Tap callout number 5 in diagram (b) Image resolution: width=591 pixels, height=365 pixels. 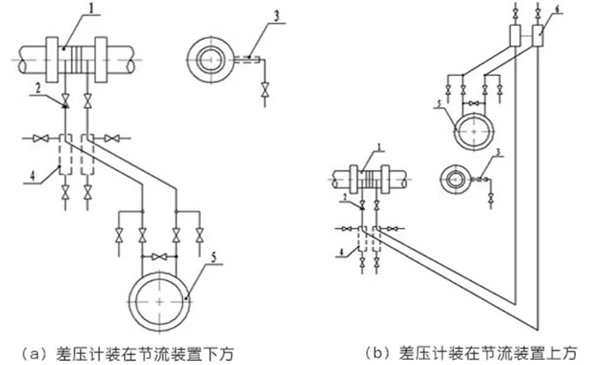coord(439,106)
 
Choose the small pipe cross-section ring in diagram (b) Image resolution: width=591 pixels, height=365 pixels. coord(455,179)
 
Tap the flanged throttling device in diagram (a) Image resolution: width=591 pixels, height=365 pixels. coord(77,57)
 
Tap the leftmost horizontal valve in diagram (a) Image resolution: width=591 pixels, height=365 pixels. coord(39,136)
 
